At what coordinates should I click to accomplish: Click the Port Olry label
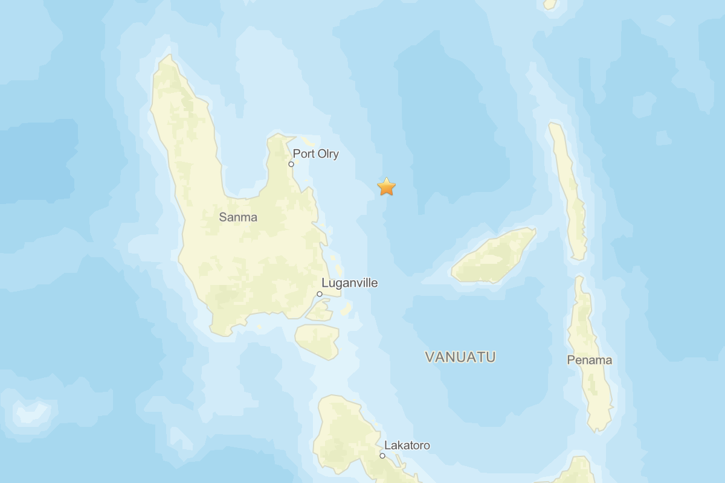tap(315, 154)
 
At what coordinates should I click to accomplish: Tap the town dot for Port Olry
tap(291, 164)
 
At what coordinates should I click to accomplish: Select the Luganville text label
tap(349, 283)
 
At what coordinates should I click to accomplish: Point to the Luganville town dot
tap(320, 294)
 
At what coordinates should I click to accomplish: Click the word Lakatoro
tap(407, 446)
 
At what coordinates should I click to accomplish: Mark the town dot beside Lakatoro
tap(382, 456)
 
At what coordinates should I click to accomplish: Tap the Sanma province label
tap(238, 217)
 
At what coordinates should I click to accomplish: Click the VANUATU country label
tap(460, 357)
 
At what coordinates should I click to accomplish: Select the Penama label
tap(589, 360)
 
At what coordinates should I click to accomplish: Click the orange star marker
tap(386, 187)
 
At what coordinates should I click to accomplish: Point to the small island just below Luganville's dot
tap(320, 310)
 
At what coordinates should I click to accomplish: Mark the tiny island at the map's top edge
tap(550, 4)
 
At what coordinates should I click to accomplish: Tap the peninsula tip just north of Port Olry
tap(277, 138)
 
